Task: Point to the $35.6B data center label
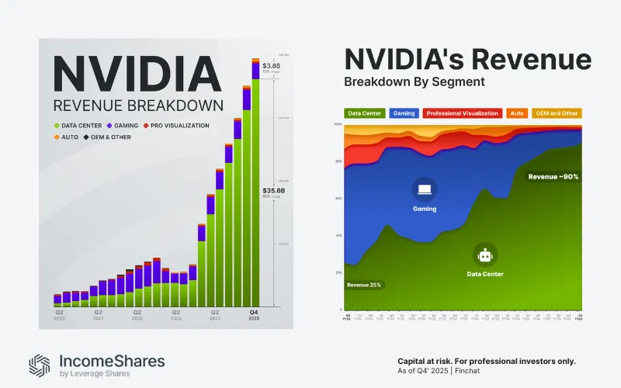click(272, 190)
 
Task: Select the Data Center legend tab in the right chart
click(364, 113)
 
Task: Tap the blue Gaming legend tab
click(403, 113)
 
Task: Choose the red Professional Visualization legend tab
click(463, 113)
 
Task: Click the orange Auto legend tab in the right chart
click(517, 113)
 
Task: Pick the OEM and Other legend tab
click(555, 113)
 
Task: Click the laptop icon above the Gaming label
click(425, 189)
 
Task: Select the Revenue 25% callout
click(364, 285)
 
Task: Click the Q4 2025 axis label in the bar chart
click(254, 314)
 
